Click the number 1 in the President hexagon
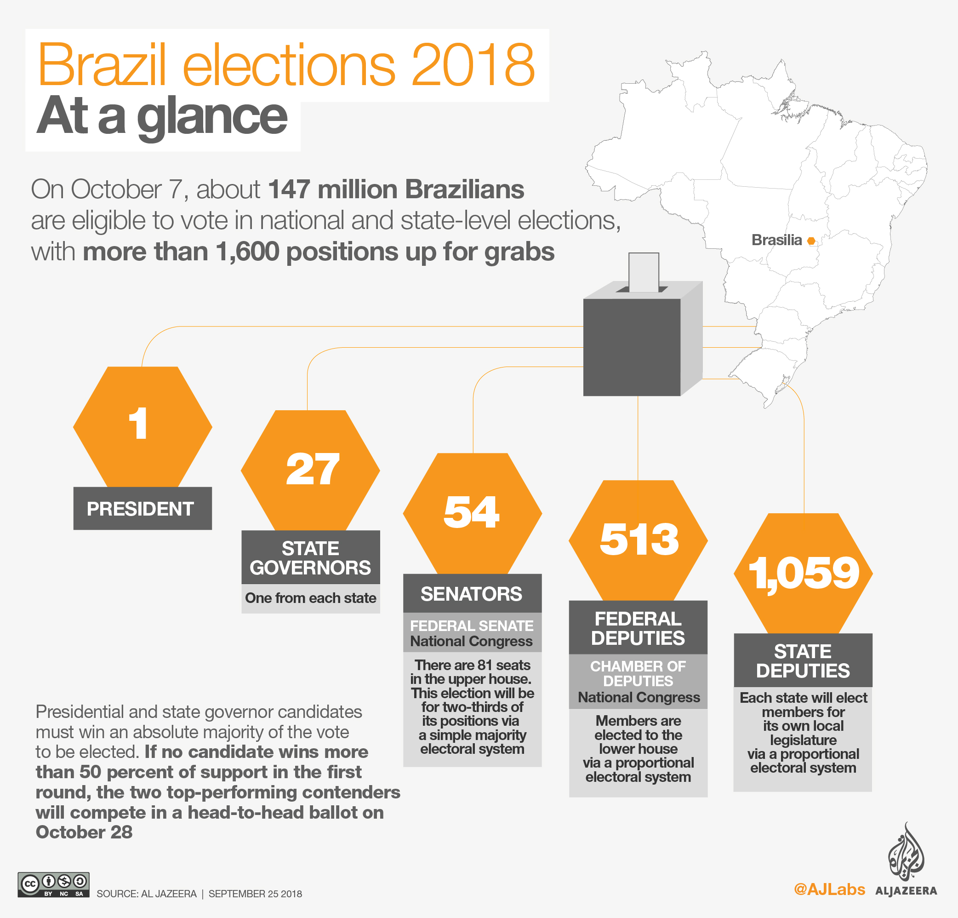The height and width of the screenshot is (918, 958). point(138,424)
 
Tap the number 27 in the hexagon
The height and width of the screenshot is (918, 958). point(312,469)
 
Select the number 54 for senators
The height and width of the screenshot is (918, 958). point(471,512)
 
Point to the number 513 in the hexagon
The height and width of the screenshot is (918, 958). point(639,539)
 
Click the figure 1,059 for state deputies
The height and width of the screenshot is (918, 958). point(804,573)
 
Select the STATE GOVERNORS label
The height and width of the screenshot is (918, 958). point(310,557)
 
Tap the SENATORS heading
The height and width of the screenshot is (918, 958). point(472,594)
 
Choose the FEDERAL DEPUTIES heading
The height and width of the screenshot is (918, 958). point(638,628)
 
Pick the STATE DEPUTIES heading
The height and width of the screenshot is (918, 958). point(803,661)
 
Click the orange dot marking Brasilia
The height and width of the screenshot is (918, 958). point(811,241)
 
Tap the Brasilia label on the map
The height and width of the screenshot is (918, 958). point(776,240)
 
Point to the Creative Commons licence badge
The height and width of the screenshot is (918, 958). point(53,885)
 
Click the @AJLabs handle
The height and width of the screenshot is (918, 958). point(829,889)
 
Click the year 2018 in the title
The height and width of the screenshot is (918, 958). point(473,65)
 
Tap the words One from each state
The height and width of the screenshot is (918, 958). point(310,597)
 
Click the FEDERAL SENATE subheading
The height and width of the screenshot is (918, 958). point(472,625)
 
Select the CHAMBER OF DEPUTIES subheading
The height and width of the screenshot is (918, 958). point(638,673)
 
